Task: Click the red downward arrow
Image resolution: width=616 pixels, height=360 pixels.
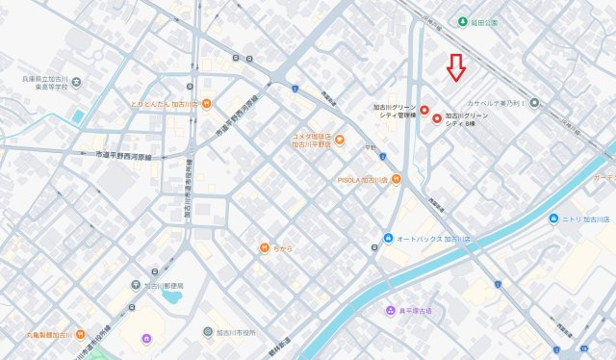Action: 457,67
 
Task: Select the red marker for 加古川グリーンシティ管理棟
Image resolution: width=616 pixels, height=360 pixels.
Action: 423,110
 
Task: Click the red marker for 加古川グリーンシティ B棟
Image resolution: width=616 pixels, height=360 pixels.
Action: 438,119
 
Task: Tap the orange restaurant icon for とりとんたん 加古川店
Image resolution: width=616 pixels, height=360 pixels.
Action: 207,103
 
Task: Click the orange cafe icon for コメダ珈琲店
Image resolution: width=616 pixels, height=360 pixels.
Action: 340,141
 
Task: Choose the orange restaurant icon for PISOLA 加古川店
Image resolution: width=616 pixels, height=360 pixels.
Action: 396,179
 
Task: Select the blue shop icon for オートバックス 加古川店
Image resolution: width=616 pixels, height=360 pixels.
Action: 387,238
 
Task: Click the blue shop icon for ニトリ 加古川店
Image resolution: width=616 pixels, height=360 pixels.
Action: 553,219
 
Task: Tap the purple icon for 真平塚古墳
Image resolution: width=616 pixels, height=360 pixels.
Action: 390,311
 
